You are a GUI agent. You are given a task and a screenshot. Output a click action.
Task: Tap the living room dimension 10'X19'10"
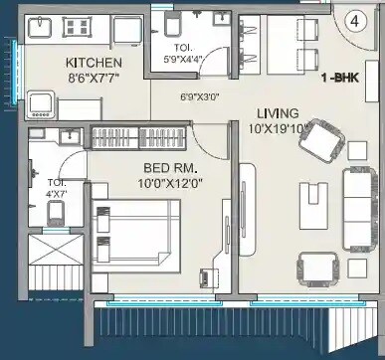[x=282, y=127]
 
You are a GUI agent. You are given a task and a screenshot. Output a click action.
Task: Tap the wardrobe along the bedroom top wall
[x=140, y=137]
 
